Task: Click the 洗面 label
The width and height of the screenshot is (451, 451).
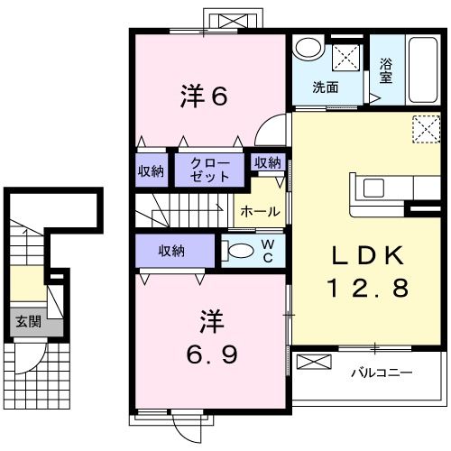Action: click(325, 87)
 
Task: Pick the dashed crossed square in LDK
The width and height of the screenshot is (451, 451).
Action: click(424, 129)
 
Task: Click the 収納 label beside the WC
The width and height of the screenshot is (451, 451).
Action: click(173, 250)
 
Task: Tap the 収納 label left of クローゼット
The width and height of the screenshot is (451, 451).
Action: click(150, 170)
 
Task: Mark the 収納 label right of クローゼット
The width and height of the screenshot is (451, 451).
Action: click(267, 162)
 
